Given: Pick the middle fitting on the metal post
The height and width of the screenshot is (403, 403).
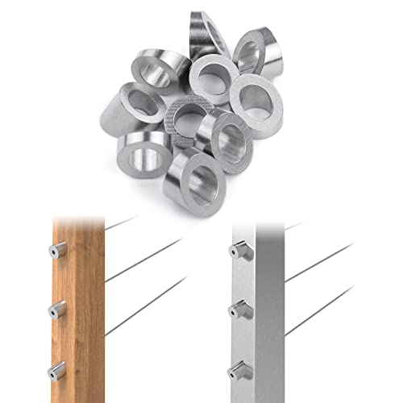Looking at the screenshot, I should point(240,310).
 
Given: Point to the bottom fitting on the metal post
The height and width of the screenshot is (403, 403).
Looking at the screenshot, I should point(240,371).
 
